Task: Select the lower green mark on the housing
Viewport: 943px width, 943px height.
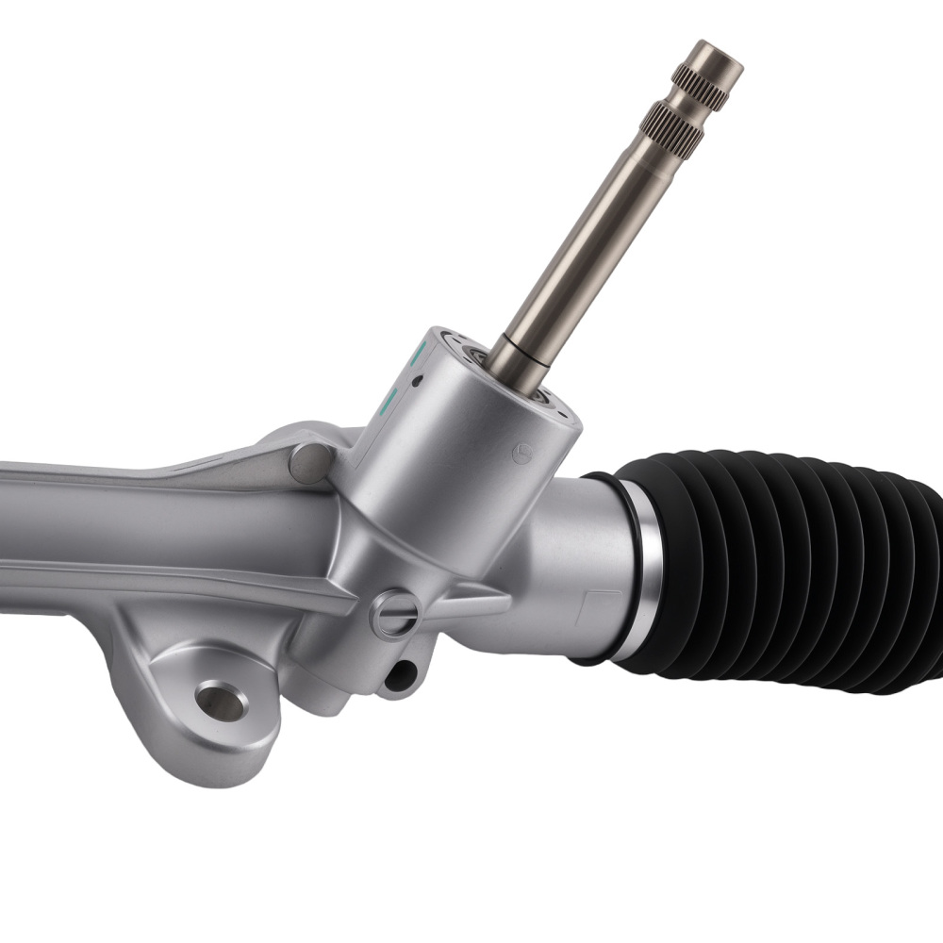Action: point(388,403)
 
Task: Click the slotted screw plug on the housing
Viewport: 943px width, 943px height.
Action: point(393,614)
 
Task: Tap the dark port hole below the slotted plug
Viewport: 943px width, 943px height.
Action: point(403,673)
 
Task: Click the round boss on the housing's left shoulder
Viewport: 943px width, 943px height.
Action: point(309,462)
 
